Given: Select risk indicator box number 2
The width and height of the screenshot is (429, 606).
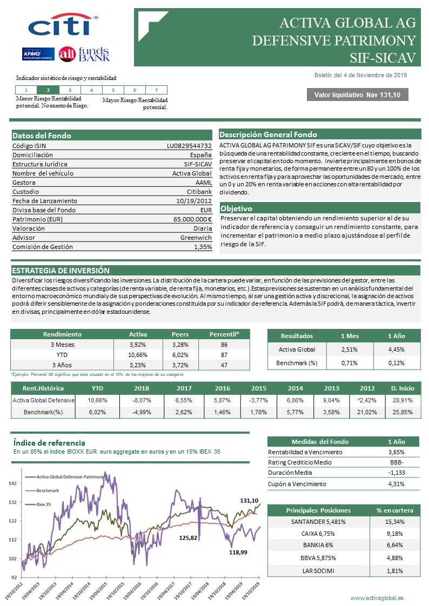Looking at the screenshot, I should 48,90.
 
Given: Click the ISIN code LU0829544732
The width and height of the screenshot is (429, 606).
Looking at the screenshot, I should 189,146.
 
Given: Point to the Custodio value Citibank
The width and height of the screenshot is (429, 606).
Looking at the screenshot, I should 199,192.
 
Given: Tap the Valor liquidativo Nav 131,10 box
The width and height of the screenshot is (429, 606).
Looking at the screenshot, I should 357,95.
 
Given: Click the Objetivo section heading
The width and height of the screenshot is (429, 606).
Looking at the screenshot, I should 236,208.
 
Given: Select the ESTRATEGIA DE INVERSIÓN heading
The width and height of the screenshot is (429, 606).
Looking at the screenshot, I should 61,271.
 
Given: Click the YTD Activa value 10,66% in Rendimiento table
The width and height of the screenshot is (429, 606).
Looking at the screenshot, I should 138,355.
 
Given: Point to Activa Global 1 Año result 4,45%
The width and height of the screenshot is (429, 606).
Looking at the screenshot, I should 396,349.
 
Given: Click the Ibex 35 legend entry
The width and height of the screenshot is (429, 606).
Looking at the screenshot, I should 44,504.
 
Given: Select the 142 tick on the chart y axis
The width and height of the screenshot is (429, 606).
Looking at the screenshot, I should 13,484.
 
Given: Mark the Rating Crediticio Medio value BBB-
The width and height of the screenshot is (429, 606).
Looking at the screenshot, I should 396,462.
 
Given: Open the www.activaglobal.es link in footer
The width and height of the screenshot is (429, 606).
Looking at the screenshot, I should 377,598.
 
